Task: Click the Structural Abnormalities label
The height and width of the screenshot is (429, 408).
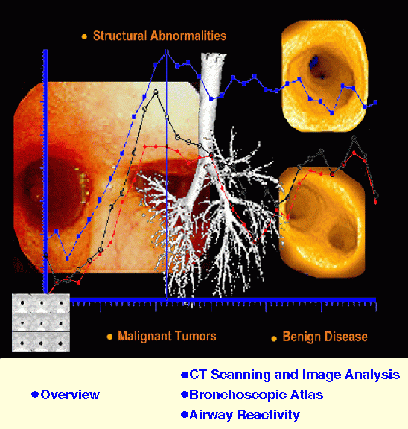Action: [159, 36]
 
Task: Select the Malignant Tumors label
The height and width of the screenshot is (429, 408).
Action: [167, 336]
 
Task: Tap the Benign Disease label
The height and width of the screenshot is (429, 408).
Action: [325, 337]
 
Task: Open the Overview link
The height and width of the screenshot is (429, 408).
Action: [70, 395]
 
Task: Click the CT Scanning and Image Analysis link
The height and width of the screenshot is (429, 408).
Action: [295, 375]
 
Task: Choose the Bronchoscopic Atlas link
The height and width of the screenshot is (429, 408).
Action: [256, 395]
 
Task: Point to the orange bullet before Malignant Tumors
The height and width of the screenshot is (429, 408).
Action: [109, 337]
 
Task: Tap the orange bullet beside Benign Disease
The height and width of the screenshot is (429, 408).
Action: [274, 337]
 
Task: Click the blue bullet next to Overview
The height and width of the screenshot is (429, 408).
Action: [34, 395]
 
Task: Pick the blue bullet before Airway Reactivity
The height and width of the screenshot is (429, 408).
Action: [185, 415]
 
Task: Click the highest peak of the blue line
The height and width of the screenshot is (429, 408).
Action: [167, 52]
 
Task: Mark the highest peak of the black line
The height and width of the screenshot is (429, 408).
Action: [155, 93]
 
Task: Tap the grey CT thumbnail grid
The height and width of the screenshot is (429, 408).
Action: [41, 322]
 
